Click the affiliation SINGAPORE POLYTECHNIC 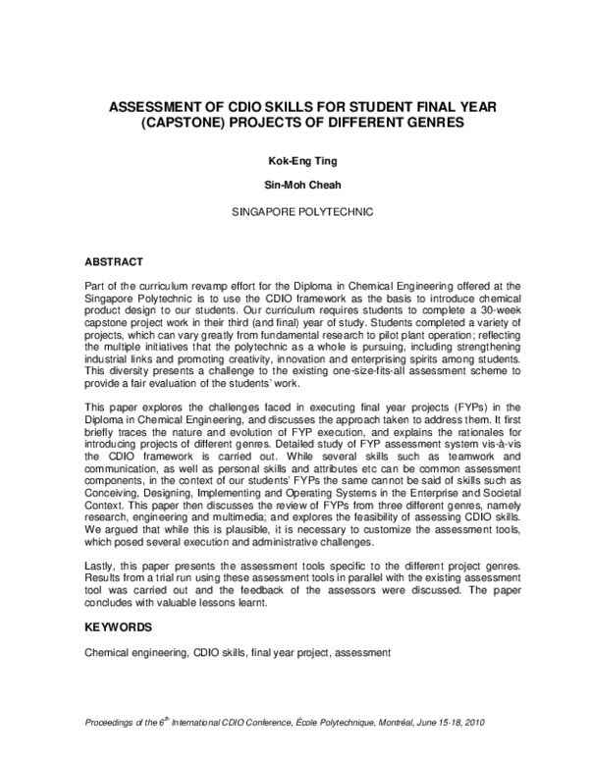pos(294,211)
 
